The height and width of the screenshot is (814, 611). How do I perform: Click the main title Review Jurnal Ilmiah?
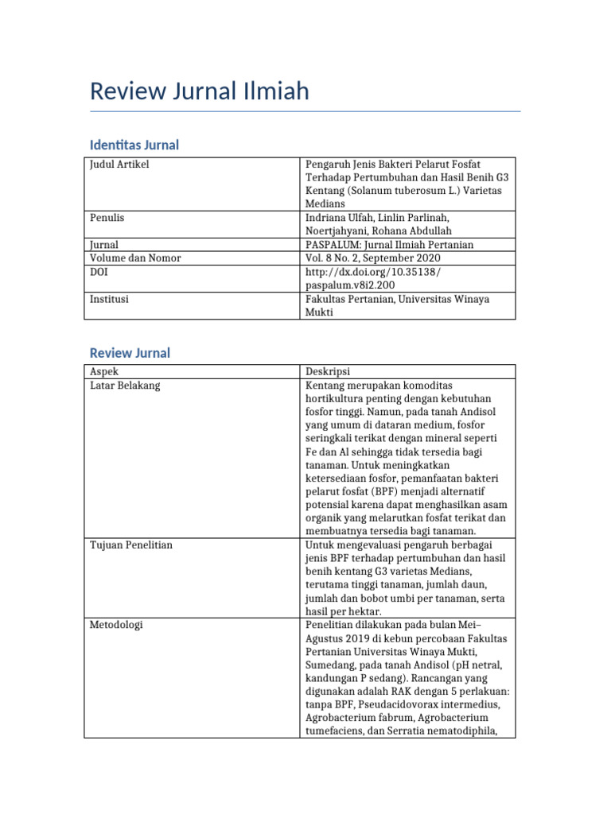point(199,91)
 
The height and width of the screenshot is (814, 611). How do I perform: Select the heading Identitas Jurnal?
point(134,145)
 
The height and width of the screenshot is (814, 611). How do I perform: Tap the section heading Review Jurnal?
point(130,353)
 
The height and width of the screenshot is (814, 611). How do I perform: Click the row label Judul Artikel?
point(119,165)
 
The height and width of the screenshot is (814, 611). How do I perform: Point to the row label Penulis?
point(107,217)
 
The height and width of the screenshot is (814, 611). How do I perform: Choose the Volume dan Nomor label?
point(135,258)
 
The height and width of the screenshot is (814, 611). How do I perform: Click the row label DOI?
point(99,271)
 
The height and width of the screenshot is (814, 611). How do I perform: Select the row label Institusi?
point(110,299)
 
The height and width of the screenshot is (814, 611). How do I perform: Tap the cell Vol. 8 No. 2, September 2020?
point(372,258)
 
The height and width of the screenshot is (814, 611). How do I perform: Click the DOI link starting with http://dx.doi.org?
point(372,277)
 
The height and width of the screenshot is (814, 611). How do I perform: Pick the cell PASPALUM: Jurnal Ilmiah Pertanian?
point(389,245)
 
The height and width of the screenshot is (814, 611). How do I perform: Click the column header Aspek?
point(103,371)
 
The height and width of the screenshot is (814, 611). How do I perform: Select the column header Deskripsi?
point(328,371)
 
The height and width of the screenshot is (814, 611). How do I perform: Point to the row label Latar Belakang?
point(125,385)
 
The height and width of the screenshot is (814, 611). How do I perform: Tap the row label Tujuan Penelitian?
point(131,545)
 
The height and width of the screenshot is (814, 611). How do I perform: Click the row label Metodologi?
point(117,626)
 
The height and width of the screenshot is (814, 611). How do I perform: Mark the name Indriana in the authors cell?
point(327,217)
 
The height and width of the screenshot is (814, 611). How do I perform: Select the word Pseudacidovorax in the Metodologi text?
point(396,706)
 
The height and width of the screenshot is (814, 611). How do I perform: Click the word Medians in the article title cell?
point(325,204)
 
